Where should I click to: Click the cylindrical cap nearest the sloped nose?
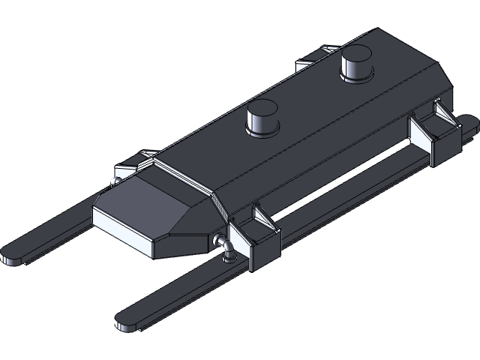(262, 118)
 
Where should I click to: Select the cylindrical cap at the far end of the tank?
(355, 64)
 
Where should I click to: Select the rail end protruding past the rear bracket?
(466, 124)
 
